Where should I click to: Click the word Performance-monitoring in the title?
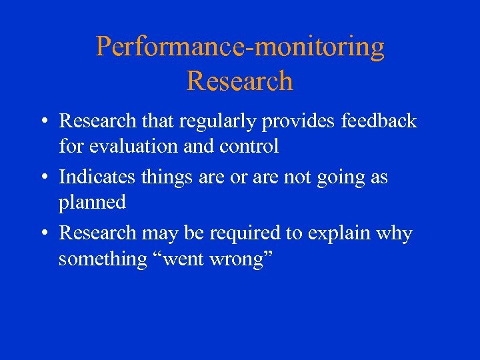pyautogui.click(x=240, y=47)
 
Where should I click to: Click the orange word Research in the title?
pyautogui.click(x=240, y=81)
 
